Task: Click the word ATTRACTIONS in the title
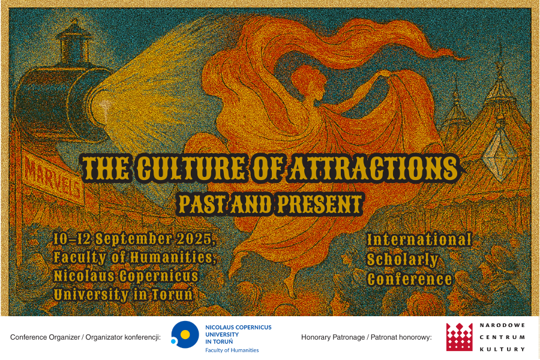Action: (x=374, y=169)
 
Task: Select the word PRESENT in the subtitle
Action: (x=319, y=204)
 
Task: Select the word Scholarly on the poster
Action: (x=402, y=260)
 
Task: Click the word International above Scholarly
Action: (x=419, y=240)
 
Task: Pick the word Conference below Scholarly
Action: (x=409, y=280)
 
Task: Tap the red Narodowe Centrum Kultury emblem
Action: (x=460, y=337)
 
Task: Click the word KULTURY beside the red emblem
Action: (x=502, y=349)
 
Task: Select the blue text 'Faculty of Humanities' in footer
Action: (x=232, y=350)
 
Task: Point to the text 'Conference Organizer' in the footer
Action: (x=45, y=337)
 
